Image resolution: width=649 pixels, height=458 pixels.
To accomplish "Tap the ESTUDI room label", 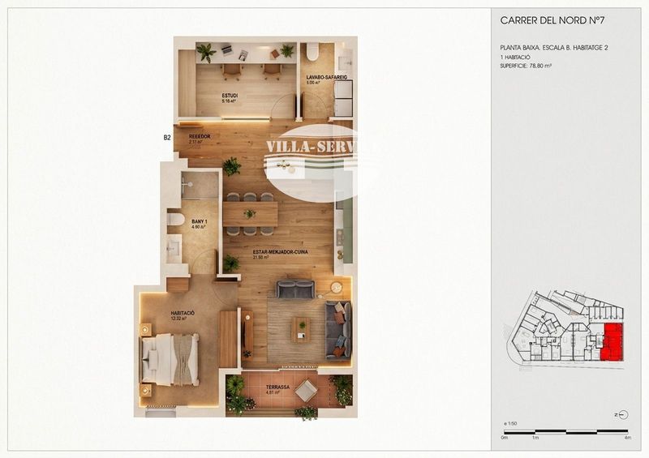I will pos(230,96).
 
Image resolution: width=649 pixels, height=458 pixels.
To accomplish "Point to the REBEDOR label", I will pos(200,136).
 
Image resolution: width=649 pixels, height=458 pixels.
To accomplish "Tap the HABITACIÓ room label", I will pos(183,314).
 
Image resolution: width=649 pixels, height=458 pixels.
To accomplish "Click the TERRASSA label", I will pos(277,387).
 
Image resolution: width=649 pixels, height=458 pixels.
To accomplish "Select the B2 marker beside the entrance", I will pos(167,138).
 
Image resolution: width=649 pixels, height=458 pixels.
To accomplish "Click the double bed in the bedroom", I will pos(170,359).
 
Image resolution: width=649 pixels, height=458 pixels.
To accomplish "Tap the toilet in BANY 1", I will pos(175,219).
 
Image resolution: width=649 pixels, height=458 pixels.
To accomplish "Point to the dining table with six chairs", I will pos(250,214).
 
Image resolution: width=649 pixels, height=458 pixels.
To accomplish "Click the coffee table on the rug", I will pos(301,327).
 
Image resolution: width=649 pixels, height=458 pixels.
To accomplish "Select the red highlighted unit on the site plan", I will pos(612,342).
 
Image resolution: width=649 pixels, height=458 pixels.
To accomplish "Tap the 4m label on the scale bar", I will pos(628,438).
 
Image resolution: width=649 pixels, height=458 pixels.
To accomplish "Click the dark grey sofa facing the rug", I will pos(294,289).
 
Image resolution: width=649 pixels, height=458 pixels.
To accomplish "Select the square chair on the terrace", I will pos(307,391).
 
